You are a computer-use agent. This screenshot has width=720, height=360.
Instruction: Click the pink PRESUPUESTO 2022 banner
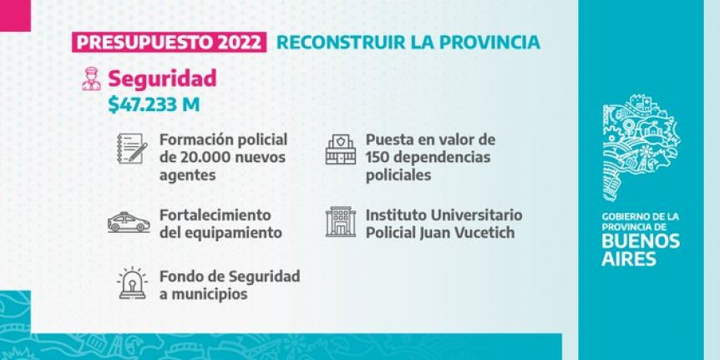click(169, 43)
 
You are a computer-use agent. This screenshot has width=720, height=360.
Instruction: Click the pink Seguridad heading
click(162, 79)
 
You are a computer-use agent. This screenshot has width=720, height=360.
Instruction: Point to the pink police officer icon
click(91, 79)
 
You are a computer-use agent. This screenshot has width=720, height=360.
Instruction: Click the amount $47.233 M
click(154, 104)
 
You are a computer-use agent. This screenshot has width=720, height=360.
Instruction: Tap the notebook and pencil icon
click(132, 149)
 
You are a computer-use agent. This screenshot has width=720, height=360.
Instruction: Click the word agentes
click(187, 175)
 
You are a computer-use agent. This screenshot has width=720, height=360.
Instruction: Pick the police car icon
click(129, 222)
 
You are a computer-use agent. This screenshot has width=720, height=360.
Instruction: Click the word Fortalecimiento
click(215, 215)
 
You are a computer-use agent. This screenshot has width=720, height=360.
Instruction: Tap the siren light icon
click(132, 283)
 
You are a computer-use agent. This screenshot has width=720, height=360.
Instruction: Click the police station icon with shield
click(341, 150)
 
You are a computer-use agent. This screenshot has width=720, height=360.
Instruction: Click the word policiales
click(398, 175)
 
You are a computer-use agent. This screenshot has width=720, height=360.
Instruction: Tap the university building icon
click(341, 222)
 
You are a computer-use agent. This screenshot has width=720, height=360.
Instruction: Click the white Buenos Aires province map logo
click(641, 148)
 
